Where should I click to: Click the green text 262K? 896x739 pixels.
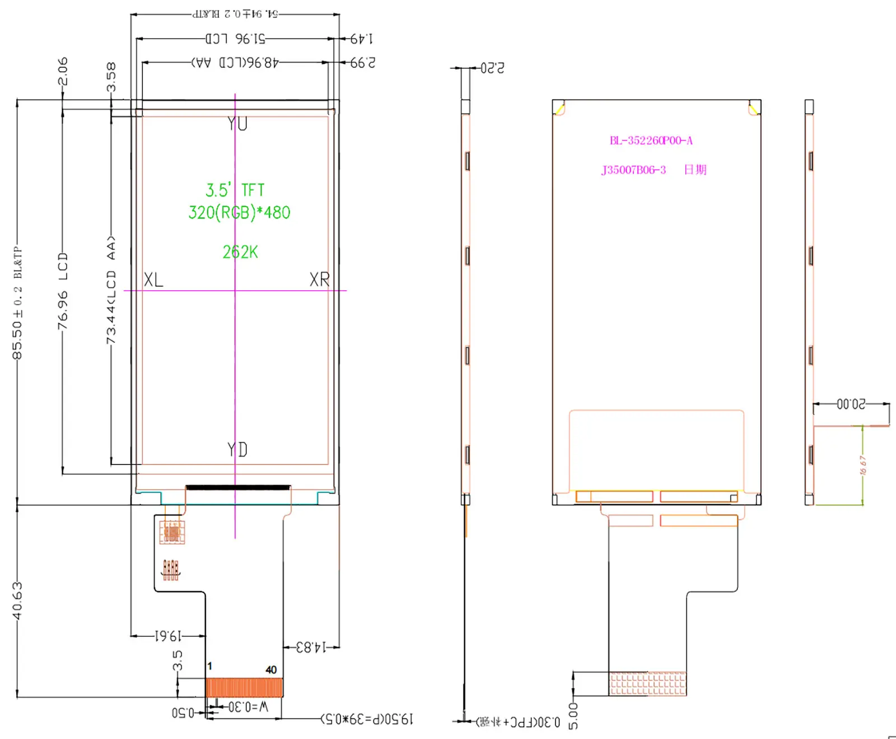(x=240, y=252)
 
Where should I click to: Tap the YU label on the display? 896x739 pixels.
(x=237, y=124)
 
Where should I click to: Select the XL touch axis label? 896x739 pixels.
(x=153, y=280)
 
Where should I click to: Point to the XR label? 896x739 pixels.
(x=320, y=280)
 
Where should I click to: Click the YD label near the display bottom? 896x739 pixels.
(x=237, y=449)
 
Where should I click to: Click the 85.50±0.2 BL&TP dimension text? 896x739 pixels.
(x=17, y=303)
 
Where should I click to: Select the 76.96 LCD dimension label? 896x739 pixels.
(x=63, y=291)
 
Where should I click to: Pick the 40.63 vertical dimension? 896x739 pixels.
(x=17, y=601)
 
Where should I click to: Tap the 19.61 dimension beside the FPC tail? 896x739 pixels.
(x=168, y=636)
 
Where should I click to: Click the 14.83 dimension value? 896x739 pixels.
(x=311, y=647)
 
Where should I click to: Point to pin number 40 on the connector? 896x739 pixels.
(x=271, y=670)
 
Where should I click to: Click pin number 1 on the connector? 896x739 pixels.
(x=210, y=666)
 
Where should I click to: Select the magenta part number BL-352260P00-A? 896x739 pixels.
(x=651, y=141)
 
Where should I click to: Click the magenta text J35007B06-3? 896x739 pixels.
(x=633, y=170)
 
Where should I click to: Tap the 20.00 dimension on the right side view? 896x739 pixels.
(x=851, y=404)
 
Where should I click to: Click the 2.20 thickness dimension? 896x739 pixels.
(x=492, y=68)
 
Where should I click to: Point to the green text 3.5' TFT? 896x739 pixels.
(x=235, y=190)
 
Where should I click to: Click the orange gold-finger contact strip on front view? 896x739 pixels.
(x=244, y=687)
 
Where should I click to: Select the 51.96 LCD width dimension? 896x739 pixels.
(x=235, y=39)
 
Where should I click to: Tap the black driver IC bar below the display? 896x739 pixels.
(x=238, y=487)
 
